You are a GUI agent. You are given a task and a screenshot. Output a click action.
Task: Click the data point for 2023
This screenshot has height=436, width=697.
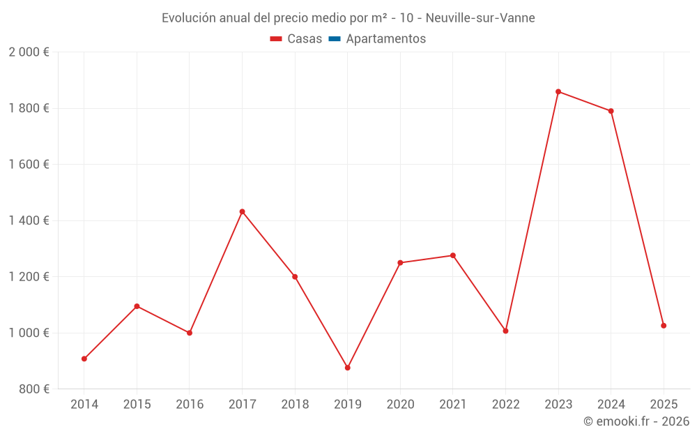[558, 91]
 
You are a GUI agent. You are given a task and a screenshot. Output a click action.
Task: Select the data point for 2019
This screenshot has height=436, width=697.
[347, 368]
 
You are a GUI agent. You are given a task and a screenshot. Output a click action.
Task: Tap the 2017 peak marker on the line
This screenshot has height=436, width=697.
[242, 211]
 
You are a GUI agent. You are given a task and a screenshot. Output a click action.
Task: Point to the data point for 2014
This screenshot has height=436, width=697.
[84, 359]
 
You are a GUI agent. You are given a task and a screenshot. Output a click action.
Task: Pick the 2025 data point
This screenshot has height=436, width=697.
[664, 326]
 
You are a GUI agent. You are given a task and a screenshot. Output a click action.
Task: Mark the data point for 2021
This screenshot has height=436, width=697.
[453, 255]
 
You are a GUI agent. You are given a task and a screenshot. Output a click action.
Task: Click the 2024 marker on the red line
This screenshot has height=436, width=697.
[611, 111]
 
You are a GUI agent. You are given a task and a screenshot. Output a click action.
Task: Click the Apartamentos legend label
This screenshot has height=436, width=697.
[385, 39]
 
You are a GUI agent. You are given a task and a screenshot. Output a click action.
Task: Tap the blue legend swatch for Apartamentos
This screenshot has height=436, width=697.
[334, 39]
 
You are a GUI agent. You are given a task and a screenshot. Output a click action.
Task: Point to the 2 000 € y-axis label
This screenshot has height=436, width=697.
[29, 52]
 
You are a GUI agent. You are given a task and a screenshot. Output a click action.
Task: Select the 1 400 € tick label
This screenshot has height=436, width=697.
[29, 220]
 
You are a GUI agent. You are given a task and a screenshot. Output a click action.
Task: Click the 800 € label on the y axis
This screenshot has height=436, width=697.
[33, 389]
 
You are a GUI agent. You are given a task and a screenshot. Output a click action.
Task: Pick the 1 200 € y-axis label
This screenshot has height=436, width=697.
[29, 277]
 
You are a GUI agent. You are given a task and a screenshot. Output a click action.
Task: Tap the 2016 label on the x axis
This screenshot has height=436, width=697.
[190, 405]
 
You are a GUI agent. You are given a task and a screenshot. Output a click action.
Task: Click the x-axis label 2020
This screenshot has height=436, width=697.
[400, 405]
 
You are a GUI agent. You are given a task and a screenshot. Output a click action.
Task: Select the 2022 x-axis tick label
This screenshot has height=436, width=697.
[505, 405]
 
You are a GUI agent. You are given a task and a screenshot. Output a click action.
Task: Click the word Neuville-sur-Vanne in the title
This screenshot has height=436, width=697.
[481, 18]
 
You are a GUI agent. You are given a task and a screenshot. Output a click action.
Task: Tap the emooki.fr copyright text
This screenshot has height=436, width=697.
[636, 421]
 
